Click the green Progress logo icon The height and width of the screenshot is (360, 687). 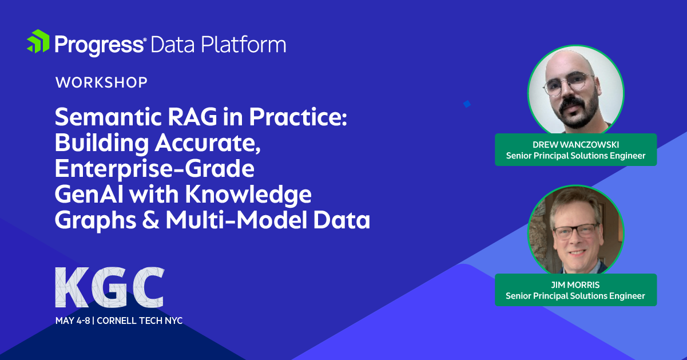[x=38, y=41]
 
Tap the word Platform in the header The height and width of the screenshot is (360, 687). [x=244, y=45]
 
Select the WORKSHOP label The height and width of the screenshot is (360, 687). [x=101, y=82]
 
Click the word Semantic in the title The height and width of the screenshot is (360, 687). [x=108, y=117]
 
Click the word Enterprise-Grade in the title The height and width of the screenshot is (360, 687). [x=154, y=168]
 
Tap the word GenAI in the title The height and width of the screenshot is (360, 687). [x=89, y=194]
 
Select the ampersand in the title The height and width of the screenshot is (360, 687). [x=150, y=220]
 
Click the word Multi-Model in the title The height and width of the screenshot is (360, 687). [x=236, y=220]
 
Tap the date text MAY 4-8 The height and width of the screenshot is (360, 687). [x=73, y=321]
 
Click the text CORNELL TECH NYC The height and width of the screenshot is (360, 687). [x=140, y=321]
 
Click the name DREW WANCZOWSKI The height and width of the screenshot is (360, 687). [x=575, y=145]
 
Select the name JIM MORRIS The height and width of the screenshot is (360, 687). [x=575, y=285]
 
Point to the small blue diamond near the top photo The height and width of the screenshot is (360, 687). [x=467, y=104]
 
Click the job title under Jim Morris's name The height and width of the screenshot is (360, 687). [x=575, y=296]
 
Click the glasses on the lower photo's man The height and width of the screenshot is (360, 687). [x=575, y=231]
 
